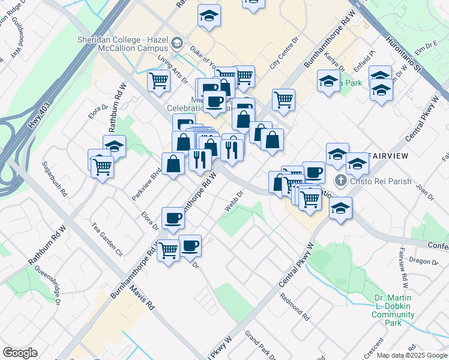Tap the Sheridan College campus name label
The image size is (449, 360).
122,44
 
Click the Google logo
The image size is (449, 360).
20,353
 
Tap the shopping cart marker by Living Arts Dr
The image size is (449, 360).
158,80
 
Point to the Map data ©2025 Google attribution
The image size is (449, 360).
412,355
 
